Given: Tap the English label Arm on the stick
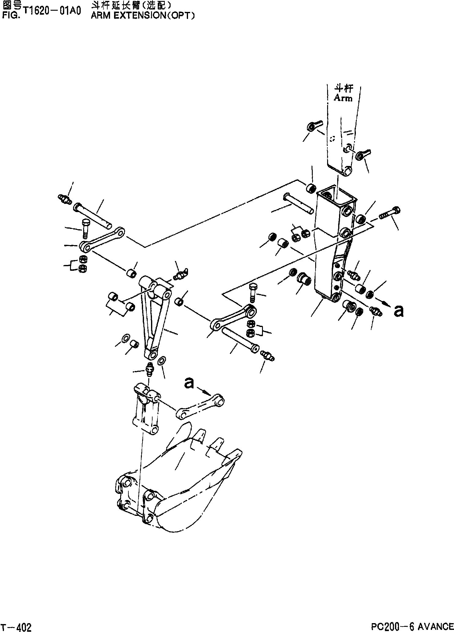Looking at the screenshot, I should (x=343, y=98).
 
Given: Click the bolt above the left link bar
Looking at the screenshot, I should (x=85, y=228).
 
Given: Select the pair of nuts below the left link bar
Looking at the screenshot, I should (x=82, y=264).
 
